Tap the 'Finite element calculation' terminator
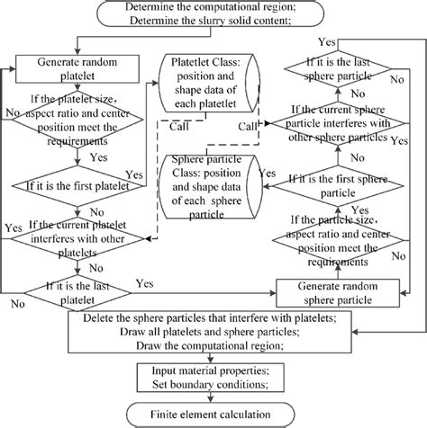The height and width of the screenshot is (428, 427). click(213, 413)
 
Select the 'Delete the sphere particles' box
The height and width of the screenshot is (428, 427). click(213, 332)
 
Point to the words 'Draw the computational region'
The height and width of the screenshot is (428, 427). click(213, 345)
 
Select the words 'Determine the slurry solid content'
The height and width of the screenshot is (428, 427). click(213, 23)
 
